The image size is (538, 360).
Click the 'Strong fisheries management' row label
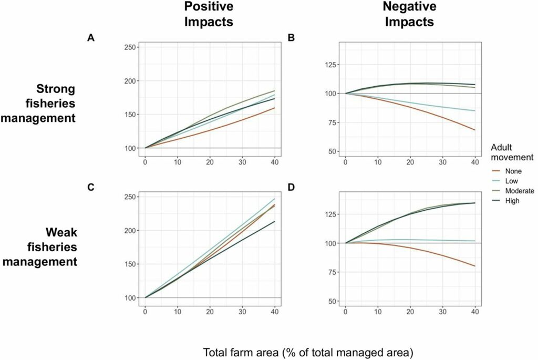point(39,103)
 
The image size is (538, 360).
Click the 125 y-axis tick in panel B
point(330,65)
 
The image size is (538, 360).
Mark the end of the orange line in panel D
point(474,266)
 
